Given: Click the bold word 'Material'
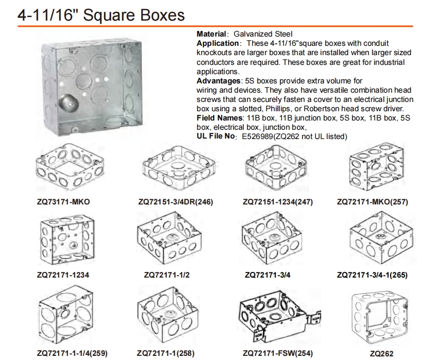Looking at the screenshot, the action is pos(211,34).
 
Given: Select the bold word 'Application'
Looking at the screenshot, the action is pos(217,43).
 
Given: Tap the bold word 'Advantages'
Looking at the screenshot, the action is pos(218,81).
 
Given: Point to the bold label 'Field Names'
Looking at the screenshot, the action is pos(219,118).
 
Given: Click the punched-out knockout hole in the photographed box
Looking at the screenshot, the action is pos(69,104).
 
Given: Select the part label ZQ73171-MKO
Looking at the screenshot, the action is pos(63,202).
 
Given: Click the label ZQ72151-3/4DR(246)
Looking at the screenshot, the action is pos(176,202).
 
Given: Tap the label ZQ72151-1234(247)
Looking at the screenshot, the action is pos(277,202).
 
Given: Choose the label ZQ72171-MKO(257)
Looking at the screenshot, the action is pos(372,202).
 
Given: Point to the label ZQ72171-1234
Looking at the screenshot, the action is pos(63,275).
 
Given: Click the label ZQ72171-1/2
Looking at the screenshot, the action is pos(167,275).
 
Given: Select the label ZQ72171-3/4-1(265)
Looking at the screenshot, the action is pos(372,275).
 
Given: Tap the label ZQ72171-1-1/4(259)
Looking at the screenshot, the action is pos(72,353).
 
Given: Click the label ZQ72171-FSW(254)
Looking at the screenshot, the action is pos(277,353).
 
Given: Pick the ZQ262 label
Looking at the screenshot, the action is pos(381,354).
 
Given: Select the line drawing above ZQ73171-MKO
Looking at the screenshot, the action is pos(69,167).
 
